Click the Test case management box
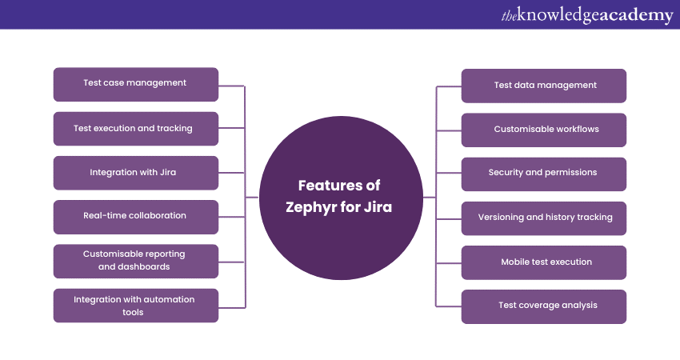(135, 84)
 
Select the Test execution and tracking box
(135, 128)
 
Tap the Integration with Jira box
(135, 172)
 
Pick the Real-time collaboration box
(135, 216)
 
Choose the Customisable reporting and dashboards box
(135, 260)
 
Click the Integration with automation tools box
(135, 305)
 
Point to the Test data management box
(544, 86)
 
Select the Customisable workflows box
(544, 130)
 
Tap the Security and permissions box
(544, 173)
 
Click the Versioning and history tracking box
(544, 218)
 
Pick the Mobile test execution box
(544, 262)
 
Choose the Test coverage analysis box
(544, 306)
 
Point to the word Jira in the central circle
(382, 206)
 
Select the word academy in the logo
(632, 15)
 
